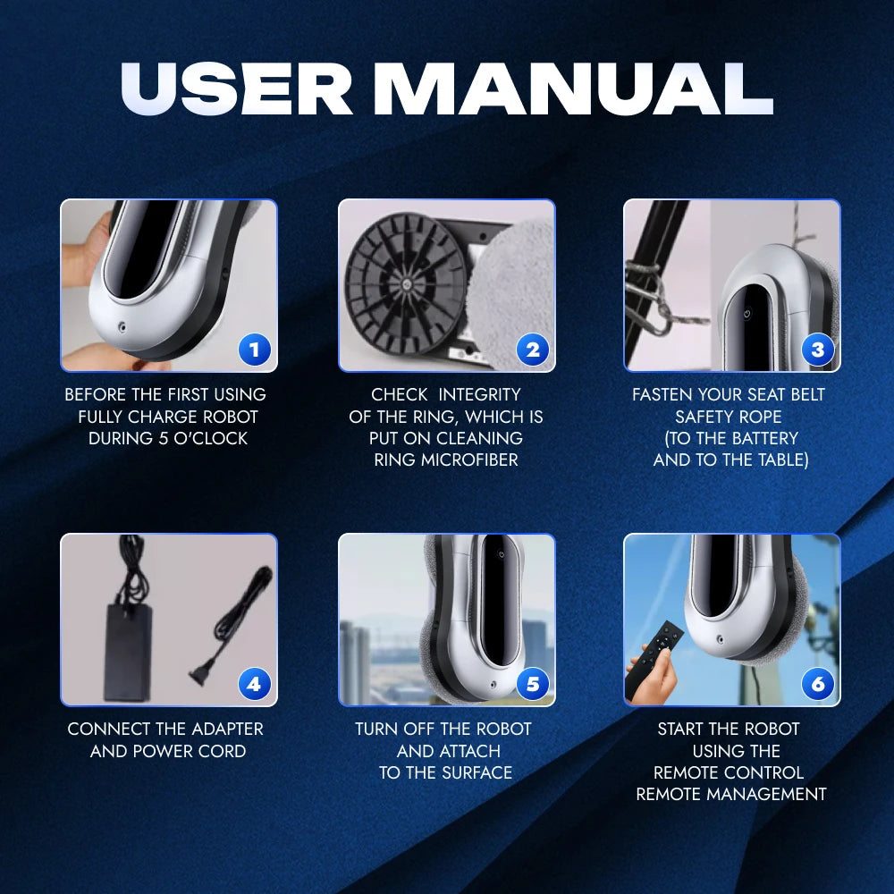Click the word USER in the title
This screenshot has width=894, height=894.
[x=237, y=88]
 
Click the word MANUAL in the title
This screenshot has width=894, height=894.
[x=573, y=88]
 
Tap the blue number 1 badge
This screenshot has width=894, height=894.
[x=254, y=350]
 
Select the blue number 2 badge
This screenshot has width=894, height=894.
[x=533, y=350]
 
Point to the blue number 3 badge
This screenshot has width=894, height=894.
[x=818, y=350]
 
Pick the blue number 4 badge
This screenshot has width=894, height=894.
[x=254, y=684]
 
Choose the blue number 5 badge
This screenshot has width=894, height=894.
[x=533, y=684]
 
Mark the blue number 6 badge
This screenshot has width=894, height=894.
[x=818, y=684]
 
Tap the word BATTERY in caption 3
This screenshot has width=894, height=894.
[x=765, y=438]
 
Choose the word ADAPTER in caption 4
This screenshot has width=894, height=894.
[x=227, y=730]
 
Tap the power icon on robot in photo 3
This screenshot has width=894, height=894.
[x=746, y=313]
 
